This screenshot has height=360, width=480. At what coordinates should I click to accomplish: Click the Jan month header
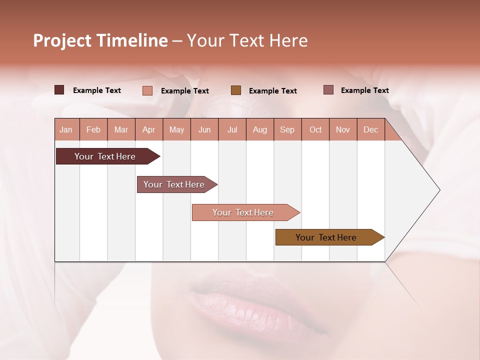coord(66,129)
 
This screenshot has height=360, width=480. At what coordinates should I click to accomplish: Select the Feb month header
coord(93,129)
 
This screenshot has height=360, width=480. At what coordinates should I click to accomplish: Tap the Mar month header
coord(121,129)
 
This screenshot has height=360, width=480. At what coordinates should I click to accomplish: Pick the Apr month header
coord(148,129)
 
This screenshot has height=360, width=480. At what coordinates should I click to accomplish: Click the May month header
coord(176,129)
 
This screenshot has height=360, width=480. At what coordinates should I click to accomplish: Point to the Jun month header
coord(204,129)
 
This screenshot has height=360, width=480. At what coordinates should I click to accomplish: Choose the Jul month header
coord(232,129)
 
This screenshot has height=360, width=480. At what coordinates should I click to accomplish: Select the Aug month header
coord(259,129)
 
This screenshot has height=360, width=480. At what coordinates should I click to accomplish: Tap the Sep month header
coord(287,129)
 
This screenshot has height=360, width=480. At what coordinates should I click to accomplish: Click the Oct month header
coord(315,129)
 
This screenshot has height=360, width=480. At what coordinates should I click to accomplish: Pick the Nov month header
coord(343,129)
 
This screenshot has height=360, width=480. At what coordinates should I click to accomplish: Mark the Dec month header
coord(370,129)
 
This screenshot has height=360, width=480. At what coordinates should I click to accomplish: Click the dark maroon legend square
coord(59,90)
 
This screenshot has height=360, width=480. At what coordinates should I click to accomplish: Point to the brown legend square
coord(236,90)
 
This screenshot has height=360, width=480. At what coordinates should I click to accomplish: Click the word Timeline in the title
coord(132,40)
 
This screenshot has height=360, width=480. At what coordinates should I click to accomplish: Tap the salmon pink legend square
coord(147,90)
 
